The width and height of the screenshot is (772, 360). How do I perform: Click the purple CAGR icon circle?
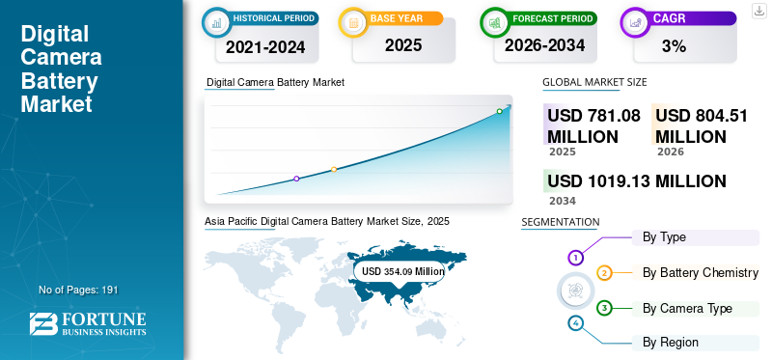[636, 20]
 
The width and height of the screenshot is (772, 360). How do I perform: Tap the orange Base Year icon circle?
[354, 20]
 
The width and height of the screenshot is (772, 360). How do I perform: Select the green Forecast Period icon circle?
[495, 20]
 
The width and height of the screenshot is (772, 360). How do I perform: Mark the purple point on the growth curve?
[296, 179]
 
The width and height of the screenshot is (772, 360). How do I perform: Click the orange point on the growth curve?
[334, 170]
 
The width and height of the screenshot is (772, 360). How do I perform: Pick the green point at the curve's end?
[499, 111]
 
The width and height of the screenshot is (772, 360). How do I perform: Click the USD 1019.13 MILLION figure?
[636, 180]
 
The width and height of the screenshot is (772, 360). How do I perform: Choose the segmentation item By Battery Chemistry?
[700, 273]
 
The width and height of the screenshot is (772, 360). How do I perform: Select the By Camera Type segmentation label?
[687, 308]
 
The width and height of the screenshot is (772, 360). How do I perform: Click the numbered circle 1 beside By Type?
[575, 258]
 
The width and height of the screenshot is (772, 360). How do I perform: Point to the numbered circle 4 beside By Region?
[575, 322]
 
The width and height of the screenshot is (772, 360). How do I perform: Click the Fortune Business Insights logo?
[88, 324]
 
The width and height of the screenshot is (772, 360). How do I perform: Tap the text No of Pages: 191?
[78, 290]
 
